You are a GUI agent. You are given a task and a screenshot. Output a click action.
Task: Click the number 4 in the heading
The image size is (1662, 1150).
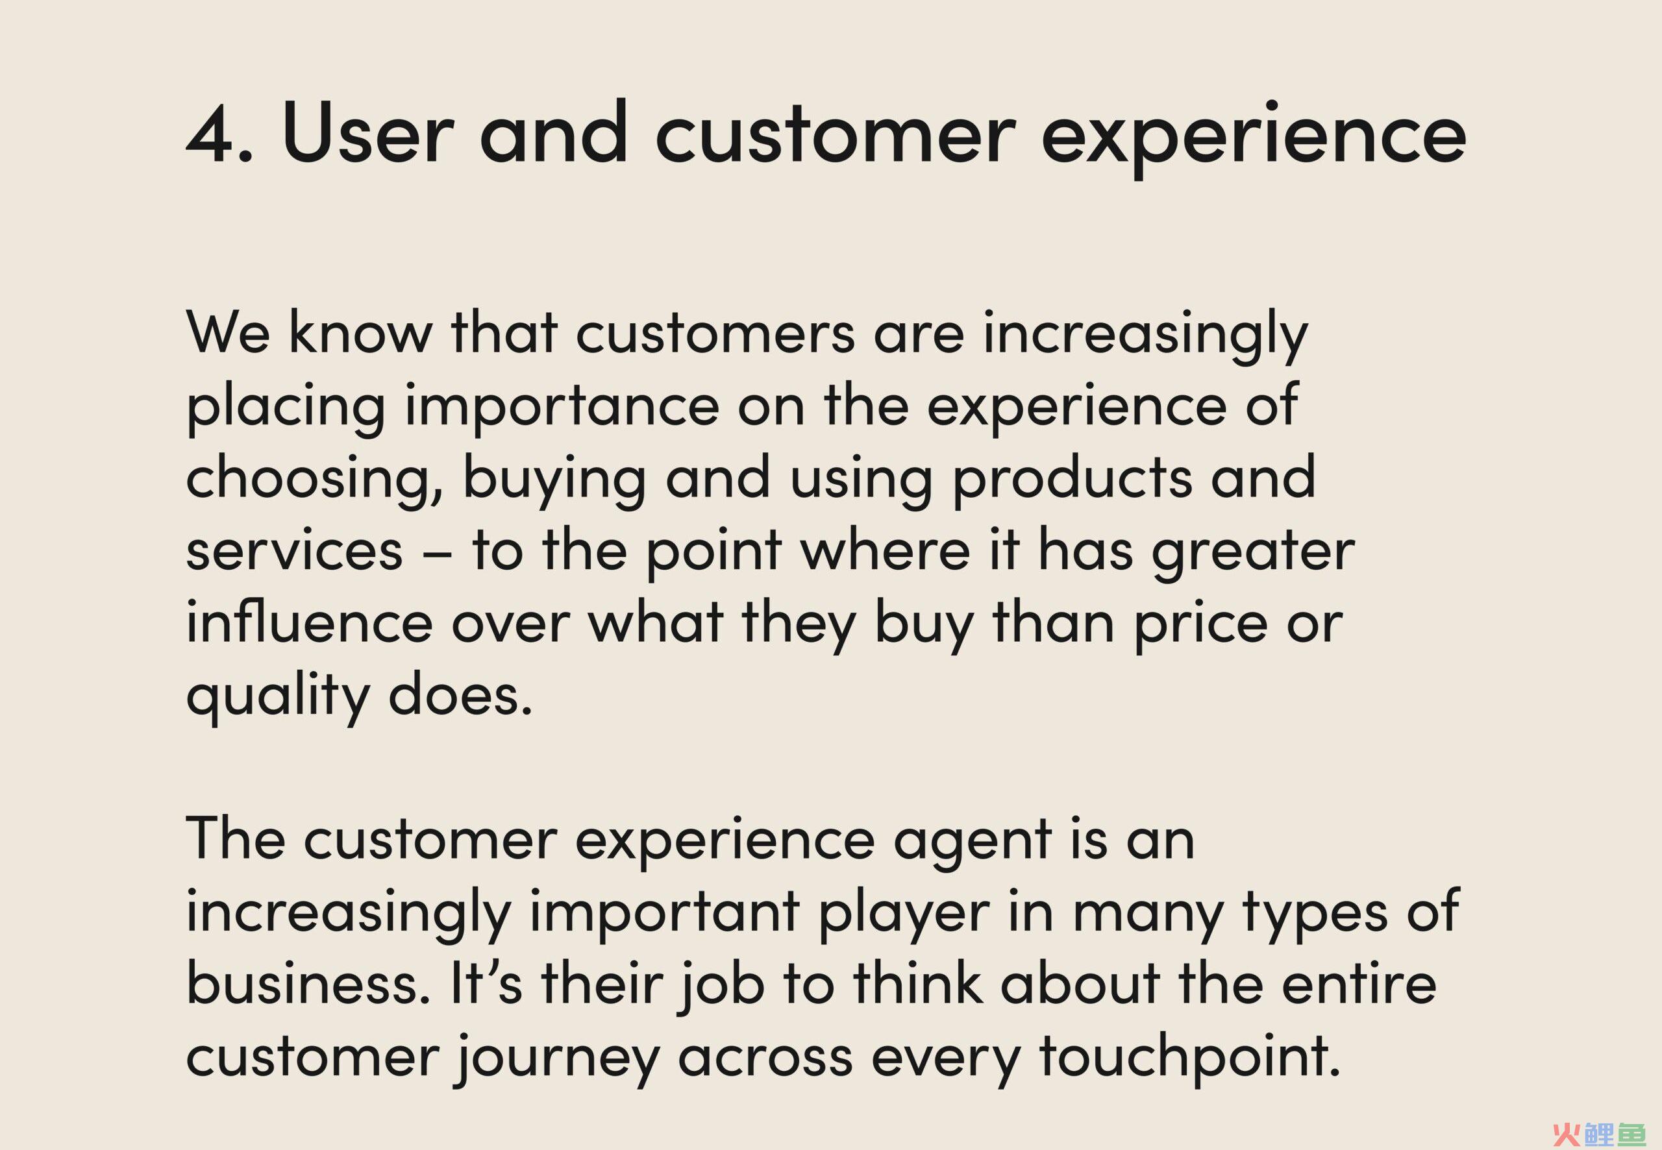tap(214, 132)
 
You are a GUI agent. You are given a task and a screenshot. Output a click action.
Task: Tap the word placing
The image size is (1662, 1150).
tap(286, 409)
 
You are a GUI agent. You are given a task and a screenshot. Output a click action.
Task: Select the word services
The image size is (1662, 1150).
tap(294, 551)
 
